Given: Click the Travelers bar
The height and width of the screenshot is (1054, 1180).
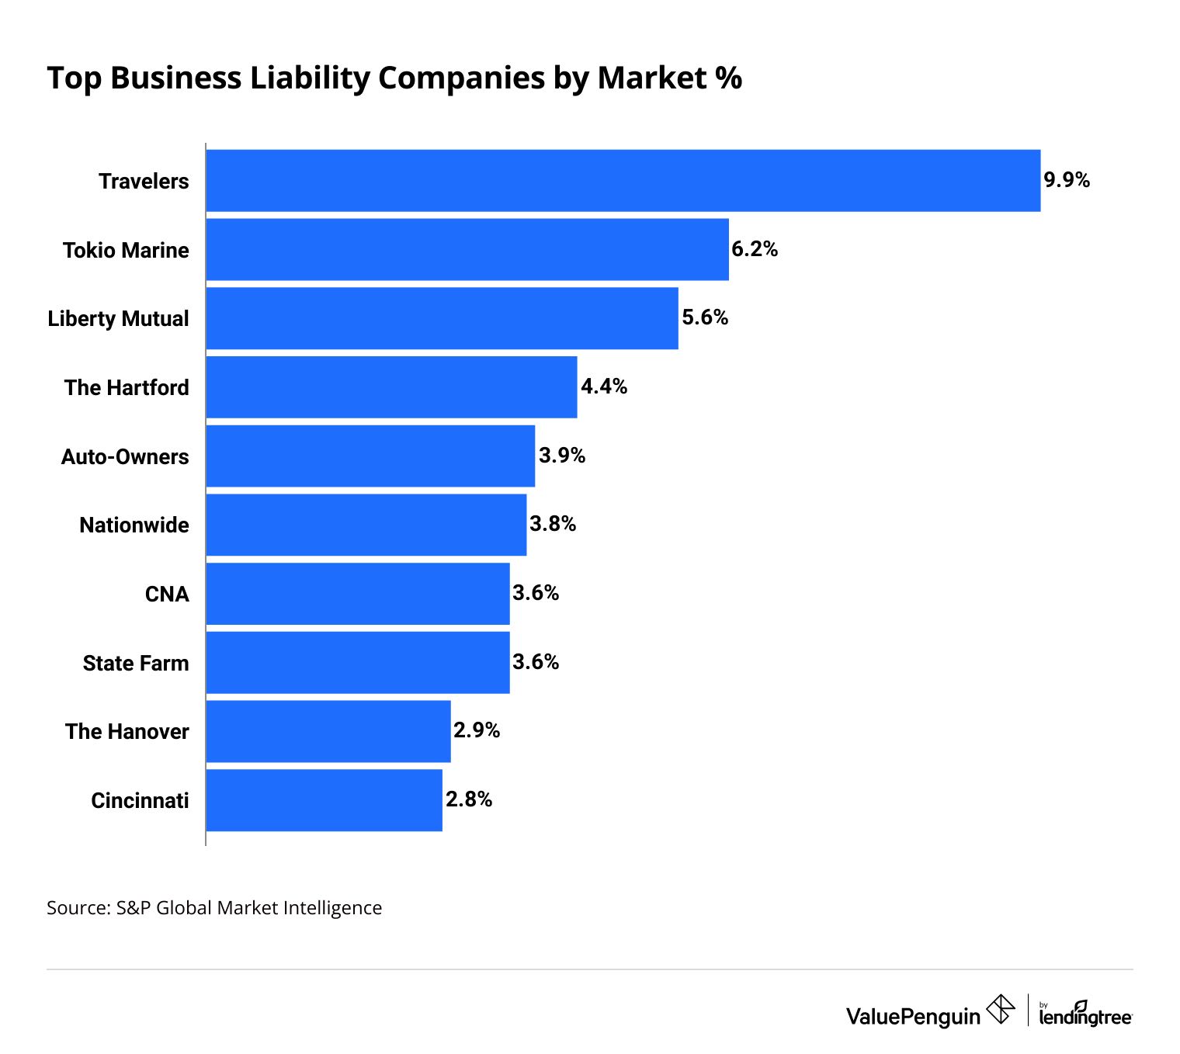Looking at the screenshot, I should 623,180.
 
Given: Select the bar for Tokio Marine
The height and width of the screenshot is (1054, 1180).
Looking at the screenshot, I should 467,249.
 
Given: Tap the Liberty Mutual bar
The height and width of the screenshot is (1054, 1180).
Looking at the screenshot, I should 442,318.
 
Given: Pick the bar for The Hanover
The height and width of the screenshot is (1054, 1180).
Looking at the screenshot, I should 328,731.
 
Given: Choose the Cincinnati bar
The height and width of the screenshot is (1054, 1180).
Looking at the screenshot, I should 324,800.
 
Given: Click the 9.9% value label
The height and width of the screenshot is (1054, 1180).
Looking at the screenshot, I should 1067,180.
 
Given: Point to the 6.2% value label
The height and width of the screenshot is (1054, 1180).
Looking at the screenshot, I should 755,249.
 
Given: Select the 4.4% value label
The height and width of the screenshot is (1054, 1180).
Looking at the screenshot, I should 604,387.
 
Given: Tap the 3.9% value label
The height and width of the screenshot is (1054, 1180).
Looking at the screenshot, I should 562,456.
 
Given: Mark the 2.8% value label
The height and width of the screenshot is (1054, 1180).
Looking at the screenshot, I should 469,799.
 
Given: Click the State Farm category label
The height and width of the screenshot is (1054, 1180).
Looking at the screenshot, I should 136,663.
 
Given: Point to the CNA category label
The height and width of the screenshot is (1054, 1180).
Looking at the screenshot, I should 167,594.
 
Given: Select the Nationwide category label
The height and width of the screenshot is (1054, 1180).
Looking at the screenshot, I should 134,525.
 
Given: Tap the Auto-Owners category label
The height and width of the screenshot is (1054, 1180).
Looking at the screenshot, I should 125,456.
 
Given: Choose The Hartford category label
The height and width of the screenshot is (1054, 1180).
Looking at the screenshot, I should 127,387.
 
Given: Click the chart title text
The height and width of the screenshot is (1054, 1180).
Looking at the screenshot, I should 394,78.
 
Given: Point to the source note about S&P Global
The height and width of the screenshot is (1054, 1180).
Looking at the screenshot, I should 214,907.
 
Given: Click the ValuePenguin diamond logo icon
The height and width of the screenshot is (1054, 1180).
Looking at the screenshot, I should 1000,1010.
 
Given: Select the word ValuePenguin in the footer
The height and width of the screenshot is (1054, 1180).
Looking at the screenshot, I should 913,1016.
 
